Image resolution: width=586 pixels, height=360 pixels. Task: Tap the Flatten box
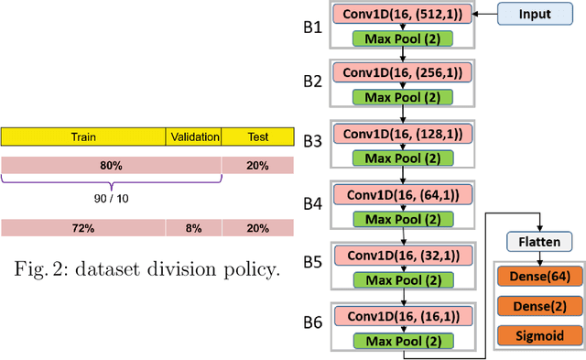click(541, 242)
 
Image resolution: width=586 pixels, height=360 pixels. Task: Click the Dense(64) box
click(541, 275)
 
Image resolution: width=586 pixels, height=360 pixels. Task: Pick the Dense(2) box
click(541, 305)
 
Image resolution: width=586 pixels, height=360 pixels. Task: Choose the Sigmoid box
click(541, 334)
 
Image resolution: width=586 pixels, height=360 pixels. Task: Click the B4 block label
click(312, 203)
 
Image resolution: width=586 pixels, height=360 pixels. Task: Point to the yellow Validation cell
click(194, 137)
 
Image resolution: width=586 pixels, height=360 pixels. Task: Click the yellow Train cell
click(83, 137)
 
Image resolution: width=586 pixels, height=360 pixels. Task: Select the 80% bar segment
click(111, 166)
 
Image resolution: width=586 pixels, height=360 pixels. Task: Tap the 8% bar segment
click(193, 228)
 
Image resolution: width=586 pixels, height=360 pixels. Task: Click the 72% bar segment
click(83, 228)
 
